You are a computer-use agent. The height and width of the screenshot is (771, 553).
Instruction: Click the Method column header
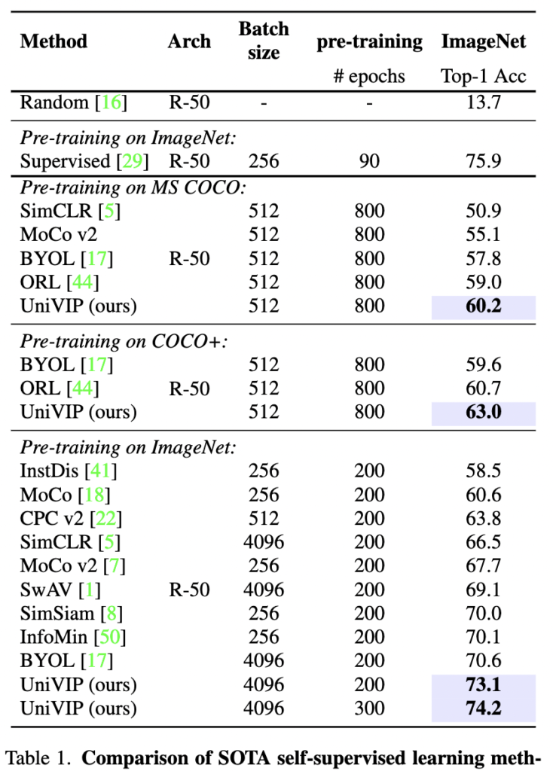pos(53,41)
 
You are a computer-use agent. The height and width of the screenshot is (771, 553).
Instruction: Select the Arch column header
pos(189,41)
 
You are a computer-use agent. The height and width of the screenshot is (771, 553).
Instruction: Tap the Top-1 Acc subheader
pos(483,76)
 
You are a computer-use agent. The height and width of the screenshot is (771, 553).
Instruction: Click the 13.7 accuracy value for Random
pos(483,102)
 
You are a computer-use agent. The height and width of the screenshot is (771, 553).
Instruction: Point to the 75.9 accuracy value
pos(483,161)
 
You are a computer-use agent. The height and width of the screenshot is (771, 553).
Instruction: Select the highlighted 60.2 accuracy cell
pos(483,306)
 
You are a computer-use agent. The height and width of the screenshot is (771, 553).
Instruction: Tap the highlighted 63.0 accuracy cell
pos(483,413)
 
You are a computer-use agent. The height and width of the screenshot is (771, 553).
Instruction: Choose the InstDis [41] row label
pos(69,471)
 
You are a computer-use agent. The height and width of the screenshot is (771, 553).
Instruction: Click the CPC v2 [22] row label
pos(71,519)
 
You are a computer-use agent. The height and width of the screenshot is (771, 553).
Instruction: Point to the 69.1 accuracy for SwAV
pos(483,590)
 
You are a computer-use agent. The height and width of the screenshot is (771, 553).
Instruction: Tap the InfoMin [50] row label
pos(72,638)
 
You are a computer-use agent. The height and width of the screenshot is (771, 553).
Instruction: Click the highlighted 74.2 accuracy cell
pos(483,709)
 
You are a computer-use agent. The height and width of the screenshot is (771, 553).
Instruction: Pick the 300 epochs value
pos(369,709)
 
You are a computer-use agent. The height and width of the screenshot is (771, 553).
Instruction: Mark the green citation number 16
pos(111,102)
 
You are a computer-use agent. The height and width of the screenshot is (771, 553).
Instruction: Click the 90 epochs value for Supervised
pos(369,161)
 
